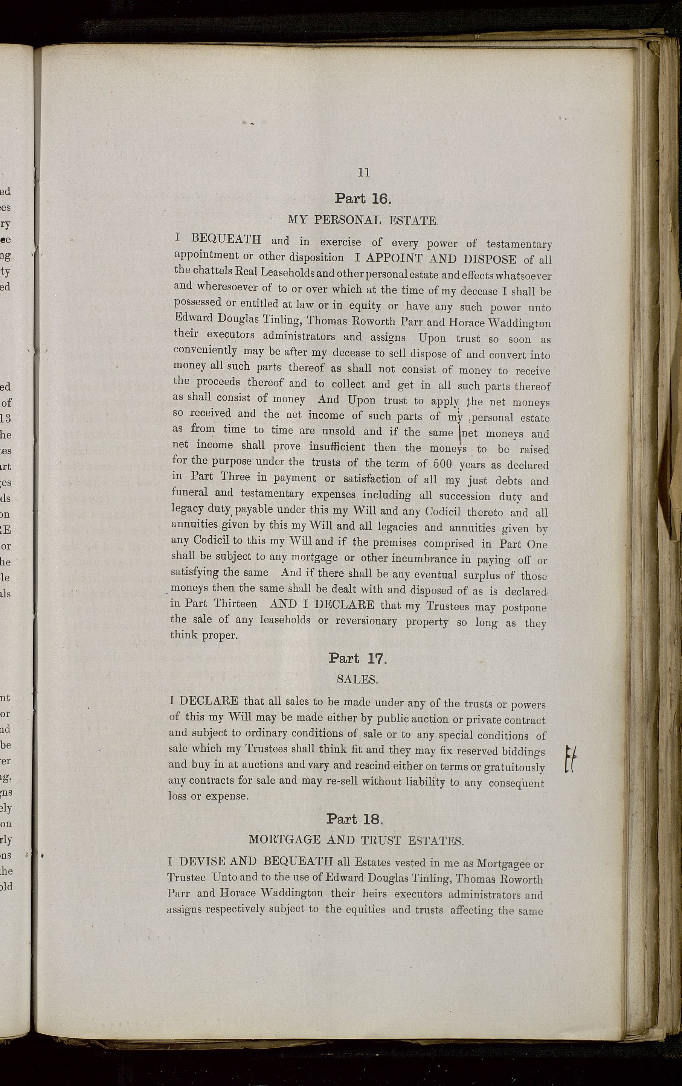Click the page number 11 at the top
point(363,172)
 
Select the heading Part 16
point(363,198)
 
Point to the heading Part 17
point(358,658)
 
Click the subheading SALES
point(357,679)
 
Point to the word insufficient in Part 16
point(337,447)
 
